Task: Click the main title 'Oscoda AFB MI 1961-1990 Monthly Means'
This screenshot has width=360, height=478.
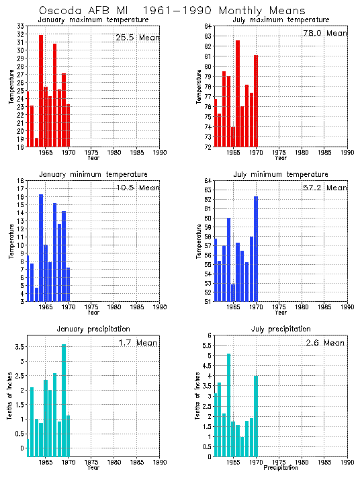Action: (x=172, y=11)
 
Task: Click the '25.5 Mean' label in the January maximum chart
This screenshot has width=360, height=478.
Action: (x=138, y=38)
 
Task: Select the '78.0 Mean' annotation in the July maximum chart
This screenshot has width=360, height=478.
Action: (x=326, y=33)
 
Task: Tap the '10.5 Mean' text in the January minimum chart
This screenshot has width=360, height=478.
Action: (x=138, y=188)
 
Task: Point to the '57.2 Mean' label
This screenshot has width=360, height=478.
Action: (x=326, y=188)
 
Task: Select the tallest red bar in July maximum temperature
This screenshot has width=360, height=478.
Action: (x=238, y=93)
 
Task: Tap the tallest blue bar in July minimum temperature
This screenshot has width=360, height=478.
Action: (x=256, y=249)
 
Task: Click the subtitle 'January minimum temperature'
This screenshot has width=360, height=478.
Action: (x=93, y=174)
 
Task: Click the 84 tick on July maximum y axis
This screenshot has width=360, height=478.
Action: (x=208, y=26)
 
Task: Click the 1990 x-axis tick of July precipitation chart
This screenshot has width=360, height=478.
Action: (x=347, y=463)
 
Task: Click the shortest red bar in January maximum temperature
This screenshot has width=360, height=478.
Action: (x=36, y=142)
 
